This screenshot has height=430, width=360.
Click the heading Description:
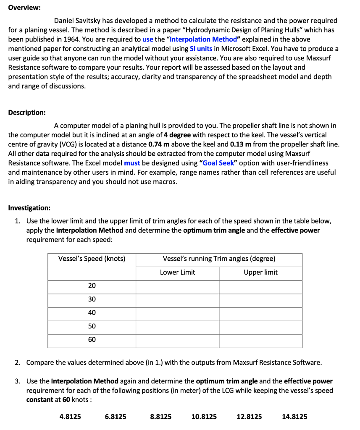coord(27,113)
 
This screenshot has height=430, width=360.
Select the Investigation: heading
coord(29,208)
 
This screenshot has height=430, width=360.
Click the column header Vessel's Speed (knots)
coord(92,259)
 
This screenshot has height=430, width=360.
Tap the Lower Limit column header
coord(177,272)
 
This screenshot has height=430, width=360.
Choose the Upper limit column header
coord(260,272)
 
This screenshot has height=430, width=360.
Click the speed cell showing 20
coord(92,286)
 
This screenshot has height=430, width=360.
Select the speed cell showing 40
coord(92,312)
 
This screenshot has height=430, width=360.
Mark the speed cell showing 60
coord(92,339)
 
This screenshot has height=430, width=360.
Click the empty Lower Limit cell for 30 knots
coord(177,299)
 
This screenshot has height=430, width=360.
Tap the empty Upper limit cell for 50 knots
coord(260,326)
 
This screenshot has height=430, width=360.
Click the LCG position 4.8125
coord(71,417)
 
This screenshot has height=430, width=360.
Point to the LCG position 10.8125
coord(204,417)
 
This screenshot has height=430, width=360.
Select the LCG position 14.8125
coord(294,417)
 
